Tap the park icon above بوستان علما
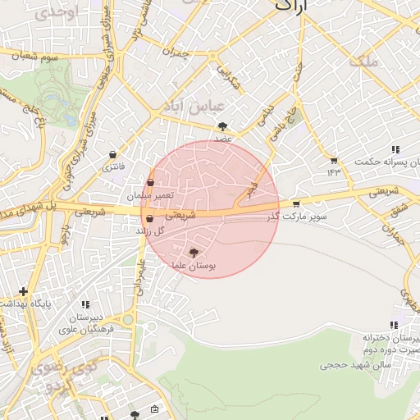pyautogui.click(x=194, y=253)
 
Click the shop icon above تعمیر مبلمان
pyautogui.click(x=150, y=182)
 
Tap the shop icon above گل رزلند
pyautogui.click(x=148, y=219)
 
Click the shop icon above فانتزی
pyautogui.click(x=112, y=154)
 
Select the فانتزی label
pyautogui.click(x=112, y=167)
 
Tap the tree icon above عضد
pyautogui.click(x=223, y=126)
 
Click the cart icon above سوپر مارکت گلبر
pyautogui.click(x=296, y=203)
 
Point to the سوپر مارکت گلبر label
pyautogui.click(x=296, y=217)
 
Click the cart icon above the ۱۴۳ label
pyautogui.click(x=334, y=160)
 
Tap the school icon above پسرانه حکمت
pyautogui.click(x=395, y=149)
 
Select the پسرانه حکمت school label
pyautogui.click(x=386, y=162)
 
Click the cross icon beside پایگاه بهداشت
pyautogui.click(x=23, y=291)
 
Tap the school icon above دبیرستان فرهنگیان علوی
pyautogui.click(x=86, y=305)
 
